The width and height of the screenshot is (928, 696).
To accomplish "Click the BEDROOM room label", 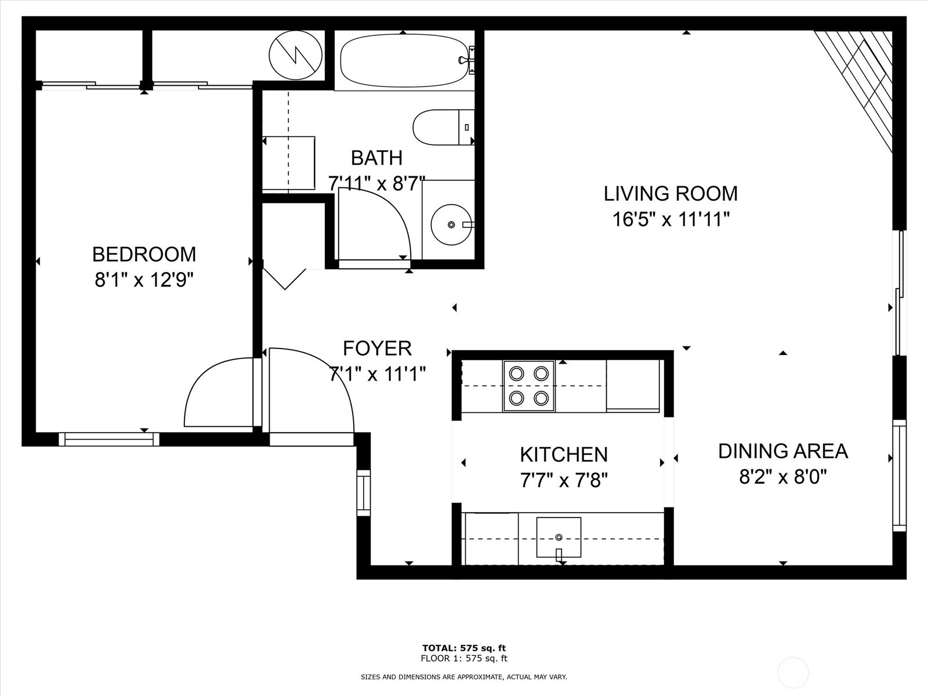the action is click(144, 255).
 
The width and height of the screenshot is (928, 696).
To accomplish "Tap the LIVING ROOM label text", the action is click(670, 194).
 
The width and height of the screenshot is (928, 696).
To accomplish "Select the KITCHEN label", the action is click(564, 455).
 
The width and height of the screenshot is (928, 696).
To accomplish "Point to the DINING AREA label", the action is click(783, 451).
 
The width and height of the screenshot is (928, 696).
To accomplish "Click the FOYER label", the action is click(377, 349).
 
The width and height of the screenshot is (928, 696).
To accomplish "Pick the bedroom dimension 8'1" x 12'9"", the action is click(144, 280).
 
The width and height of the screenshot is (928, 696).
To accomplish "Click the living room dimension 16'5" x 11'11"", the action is click(672, 219).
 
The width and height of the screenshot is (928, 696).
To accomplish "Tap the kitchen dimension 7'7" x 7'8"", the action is click(564, 480).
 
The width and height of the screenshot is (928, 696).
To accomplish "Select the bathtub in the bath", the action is click(404, 60).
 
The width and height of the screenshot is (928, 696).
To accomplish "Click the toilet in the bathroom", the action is click(444, 127).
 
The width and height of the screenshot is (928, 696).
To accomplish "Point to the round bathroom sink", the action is click(451, 225).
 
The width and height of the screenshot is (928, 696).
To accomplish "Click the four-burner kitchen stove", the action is click(529, 386).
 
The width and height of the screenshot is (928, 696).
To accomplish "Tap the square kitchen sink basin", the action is click(559, 537).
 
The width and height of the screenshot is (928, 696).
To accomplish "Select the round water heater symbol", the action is click(296, 55).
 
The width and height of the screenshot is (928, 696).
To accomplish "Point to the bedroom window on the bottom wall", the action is click(109, 440).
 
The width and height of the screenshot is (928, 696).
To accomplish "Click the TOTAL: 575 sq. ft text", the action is click(464, 648).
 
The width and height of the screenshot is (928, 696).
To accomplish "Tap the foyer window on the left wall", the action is click(364, 493).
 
